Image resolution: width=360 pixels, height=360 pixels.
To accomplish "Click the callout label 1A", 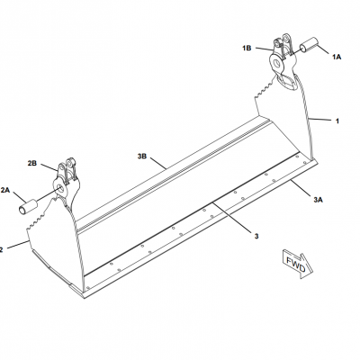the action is pyautogui.click(x=337, y=57).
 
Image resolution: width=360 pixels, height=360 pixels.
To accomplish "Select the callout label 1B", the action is pyautogui.click(x=247, y=48).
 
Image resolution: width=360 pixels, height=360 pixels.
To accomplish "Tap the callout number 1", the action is pyautogui.click(x=337, y=121).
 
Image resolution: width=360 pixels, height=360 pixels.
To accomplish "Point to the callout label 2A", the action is pyautogui.click(x=5, y=190).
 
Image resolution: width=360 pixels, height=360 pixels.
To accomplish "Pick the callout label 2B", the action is pyautogui.click(x=32, y=163).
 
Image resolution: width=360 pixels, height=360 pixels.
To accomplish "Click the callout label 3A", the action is pyautogui.click(x=318, y=199).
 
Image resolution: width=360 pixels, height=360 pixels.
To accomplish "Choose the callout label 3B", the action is pyautogui.click(x=142, y=157).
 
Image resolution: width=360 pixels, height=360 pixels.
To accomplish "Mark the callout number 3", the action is pyautogui.click(x=256, y=237).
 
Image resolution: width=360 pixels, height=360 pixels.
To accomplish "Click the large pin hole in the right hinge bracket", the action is pyautogui.click(x=278, y=64).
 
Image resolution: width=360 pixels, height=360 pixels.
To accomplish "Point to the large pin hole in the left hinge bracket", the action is pyautogui.click(x=60, y=189).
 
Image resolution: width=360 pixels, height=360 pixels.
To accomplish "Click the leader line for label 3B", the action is pyautogui.click(x=157, y=163).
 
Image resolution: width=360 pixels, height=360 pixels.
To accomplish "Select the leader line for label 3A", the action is pyautogui.click(x=301, y=187).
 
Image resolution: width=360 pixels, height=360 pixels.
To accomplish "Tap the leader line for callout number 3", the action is pyautogui.click(x=230, y=217).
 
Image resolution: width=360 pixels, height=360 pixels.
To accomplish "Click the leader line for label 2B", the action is pyautogui.click(x=49, y=167).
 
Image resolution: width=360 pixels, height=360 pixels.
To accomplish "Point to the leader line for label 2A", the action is pyautogui.click(x=20, y=198).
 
